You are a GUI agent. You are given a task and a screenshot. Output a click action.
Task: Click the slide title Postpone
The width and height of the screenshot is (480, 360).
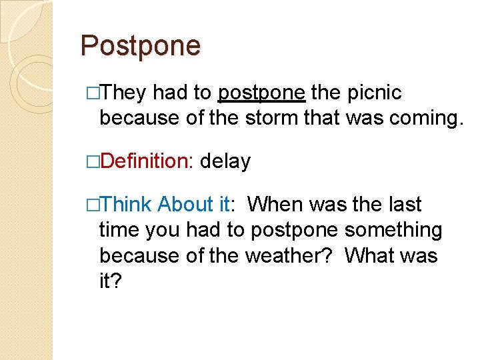140,46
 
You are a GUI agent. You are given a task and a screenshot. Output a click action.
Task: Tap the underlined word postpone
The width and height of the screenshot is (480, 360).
262,93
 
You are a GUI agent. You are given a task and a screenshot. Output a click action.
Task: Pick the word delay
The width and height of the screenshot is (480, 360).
225,161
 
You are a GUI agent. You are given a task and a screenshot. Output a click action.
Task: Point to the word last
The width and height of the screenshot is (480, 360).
403,204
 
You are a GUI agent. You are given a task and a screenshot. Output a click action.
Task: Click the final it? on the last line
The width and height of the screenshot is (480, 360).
111,281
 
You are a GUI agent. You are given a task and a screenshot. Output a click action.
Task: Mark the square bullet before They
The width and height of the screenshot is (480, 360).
93,93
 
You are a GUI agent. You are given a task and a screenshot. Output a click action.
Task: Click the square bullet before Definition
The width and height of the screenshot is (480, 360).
93,162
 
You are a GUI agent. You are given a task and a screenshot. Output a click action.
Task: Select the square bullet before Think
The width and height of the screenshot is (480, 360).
93,205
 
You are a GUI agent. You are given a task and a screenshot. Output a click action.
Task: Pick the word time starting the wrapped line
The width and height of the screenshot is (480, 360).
119,230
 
